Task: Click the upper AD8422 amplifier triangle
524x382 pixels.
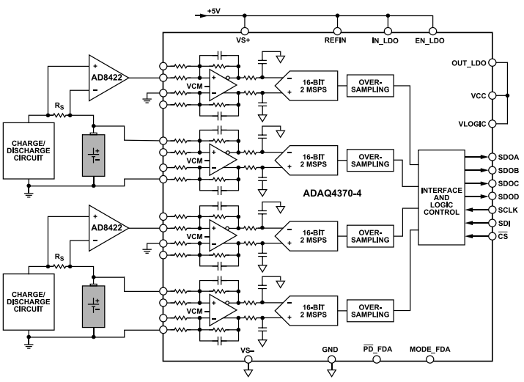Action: (107, 77)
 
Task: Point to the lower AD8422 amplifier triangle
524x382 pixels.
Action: (107, 227)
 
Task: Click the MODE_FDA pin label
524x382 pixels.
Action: (429, 350)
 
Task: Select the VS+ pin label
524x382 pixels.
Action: (243, 42)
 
